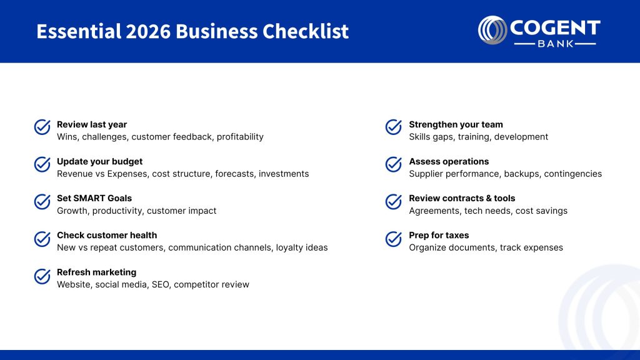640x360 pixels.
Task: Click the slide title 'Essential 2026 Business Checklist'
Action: (x=192, y=31)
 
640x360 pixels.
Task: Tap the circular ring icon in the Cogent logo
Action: (x=492, y=31)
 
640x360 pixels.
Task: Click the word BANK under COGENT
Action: (x=555, y=44)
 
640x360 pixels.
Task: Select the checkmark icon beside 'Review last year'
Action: (x=42, y=127)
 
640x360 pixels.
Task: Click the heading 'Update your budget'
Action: (x=99, y=161)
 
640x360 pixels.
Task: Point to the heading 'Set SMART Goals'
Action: (x=94, y=198)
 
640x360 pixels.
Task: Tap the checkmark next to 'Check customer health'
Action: (x=42, y=239)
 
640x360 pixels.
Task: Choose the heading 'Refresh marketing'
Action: (x=96, y=272)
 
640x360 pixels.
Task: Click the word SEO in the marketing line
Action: (x=161, y=284)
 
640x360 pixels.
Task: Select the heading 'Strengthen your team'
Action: (x=456, y=124)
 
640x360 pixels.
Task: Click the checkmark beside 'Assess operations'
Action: (x=394, y=164)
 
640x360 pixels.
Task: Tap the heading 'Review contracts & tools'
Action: (x=462, y=198)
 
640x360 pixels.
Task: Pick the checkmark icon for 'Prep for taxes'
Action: (x=394, y=239)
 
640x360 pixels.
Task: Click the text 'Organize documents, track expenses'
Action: (x=486, y=247)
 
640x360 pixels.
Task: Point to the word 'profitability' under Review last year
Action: (x=240, y=137)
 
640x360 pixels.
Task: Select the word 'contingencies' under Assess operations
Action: (x=572, y=174)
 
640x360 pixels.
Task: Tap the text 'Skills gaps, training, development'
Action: (x=478, y=137)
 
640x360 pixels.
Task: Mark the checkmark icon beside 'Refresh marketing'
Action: (x=42, y=276)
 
